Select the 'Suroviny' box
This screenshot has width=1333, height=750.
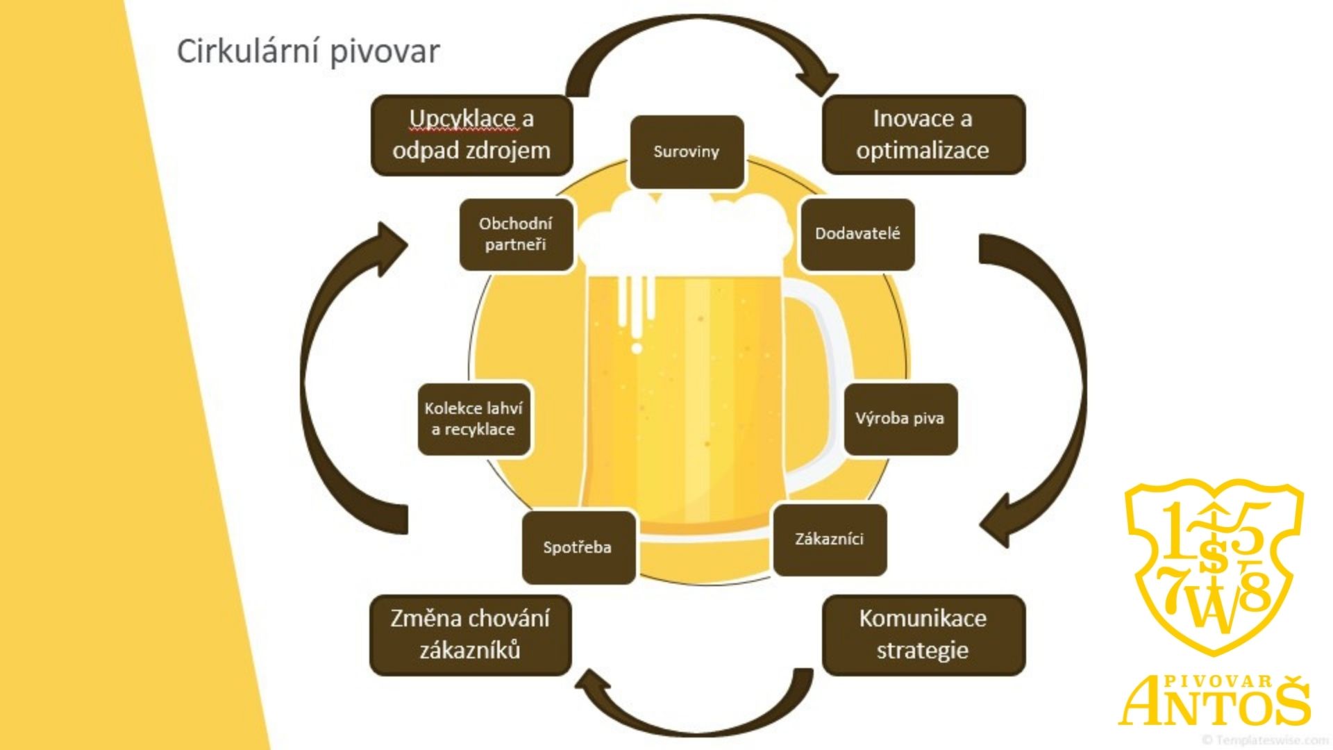(687, 152)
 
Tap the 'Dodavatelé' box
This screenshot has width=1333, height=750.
(857, 234)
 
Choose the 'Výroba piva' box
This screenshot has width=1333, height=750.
(900, 419)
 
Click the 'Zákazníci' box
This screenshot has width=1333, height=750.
(830, 540)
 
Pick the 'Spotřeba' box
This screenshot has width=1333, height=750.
(578, 548)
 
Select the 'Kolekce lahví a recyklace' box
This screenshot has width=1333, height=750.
(473, 419)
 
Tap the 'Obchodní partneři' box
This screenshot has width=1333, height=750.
(516, 234)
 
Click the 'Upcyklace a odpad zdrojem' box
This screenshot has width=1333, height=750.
(471, 135)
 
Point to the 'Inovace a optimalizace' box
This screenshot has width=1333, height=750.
(923, 135)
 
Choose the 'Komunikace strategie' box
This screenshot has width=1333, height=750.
(923, 635)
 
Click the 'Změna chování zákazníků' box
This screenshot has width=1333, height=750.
(470, 635)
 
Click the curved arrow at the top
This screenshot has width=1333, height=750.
(694, 35)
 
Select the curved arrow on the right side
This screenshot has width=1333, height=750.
(1062, 361)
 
